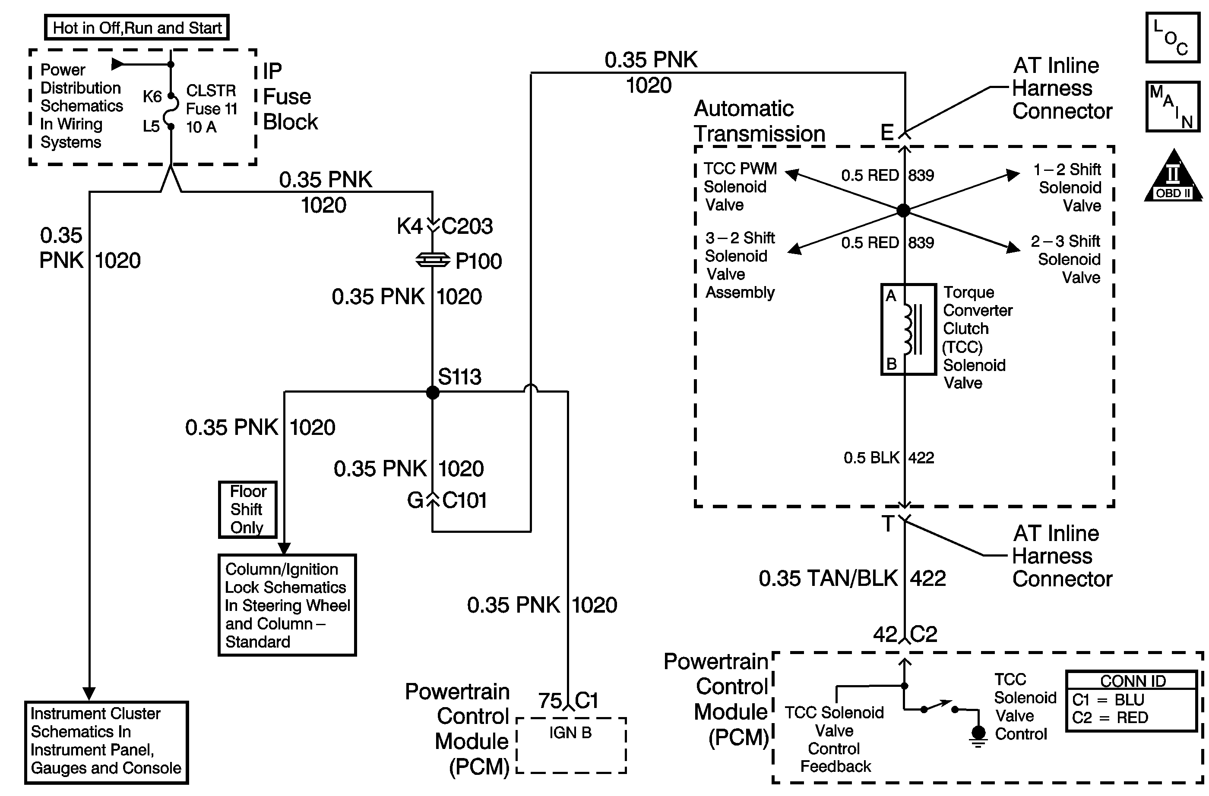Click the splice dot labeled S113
(432, 392)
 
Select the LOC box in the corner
(1172, 38)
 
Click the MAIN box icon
(1172, 107)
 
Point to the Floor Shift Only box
(248, 509)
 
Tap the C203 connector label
(467, 227)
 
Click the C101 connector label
(464, 500)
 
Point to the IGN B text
(570, 733)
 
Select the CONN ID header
(1132, 681)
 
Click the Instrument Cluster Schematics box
(106, 742)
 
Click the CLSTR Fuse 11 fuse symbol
(171, 111)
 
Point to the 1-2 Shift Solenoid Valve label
(1069, 187)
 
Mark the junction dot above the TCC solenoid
(903, 210)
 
